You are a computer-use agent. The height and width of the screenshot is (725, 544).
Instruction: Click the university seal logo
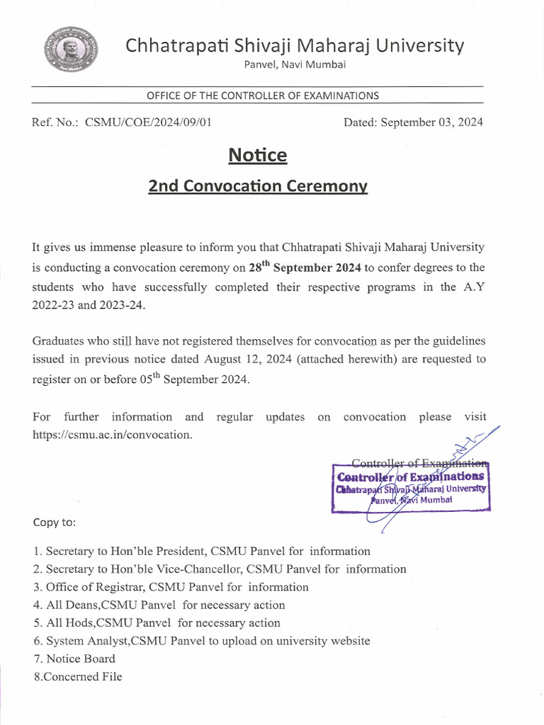coord(71,50)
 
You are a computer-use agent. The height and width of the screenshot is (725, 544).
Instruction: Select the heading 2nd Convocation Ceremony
coord(258,186)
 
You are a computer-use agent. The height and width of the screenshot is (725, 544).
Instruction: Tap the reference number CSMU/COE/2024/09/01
coord(148,122)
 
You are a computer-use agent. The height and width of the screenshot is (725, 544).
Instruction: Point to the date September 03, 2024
coord(432,122)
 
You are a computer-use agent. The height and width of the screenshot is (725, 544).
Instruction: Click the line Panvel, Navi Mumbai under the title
coord(295,65)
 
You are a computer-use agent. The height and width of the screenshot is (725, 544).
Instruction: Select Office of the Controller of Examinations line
coord(262,96)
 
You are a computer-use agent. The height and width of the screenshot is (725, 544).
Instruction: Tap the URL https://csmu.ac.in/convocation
coord(112,435)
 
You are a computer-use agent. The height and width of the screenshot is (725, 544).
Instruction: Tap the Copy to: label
coord(55,523)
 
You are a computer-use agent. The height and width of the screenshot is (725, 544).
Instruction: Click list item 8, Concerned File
coord(77,677)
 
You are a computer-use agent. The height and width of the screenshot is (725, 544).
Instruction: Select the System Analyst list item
coord(201,641)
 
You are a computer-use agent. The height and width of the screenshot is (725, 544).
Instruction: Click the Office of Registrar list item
coord(170,587)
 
